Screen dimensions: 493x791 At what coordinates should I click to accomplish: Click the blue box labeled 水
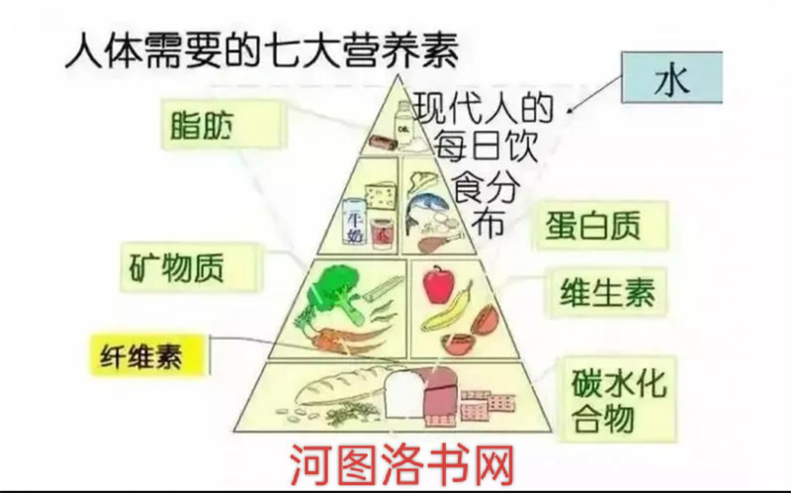(x=670, y=79)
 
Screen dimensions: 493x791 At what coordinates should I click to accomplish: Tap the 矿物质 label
(x=190, y=267)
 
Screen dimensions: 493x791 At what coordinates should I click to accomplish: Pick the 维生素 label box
(x=606, y=294)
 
